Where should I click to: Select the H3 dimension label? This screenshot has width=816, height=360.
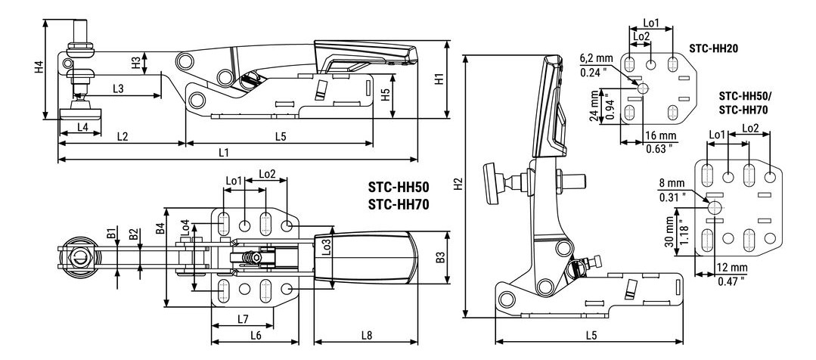(x=136, y=63)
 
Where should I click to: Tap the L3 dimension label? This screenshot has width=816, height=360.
(x=119, y=88)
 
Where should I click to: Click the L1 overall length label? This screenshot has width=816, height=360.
(x=224, y=152)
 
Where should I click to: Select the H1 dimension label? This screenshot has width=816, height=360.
(x=439, y=80)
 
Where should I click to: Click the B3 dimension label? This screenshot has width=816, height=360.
(x=441, y=258)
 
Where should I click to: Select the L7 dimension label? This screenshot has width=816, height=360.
(x=243, y=318)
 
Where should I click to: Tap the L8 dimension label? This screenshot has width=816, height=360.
(x=366, y=334)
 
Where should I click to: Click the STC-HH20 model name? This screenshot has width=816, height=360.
(x=713, y=47)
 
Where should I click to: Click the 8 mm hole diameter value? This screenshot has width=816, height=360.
(x=669, y=183)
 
